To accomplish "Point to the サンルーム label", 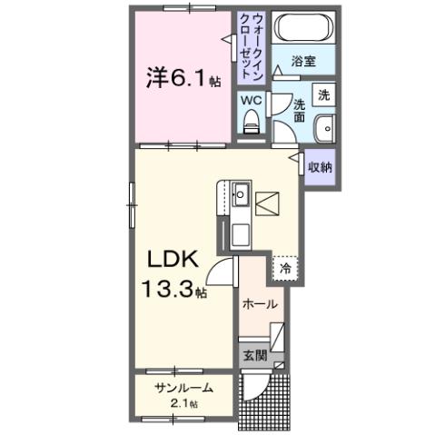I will click(184, 388).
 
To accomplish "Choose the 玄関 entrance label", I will click(254, 355).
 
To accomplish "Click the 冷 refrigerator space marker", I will click(285, 269).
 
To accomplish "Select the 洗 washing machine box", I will click(322, 94).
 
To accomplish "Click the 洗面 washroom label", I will click(299, 112).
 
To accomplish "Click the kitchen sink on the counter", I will click(241, 194).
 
